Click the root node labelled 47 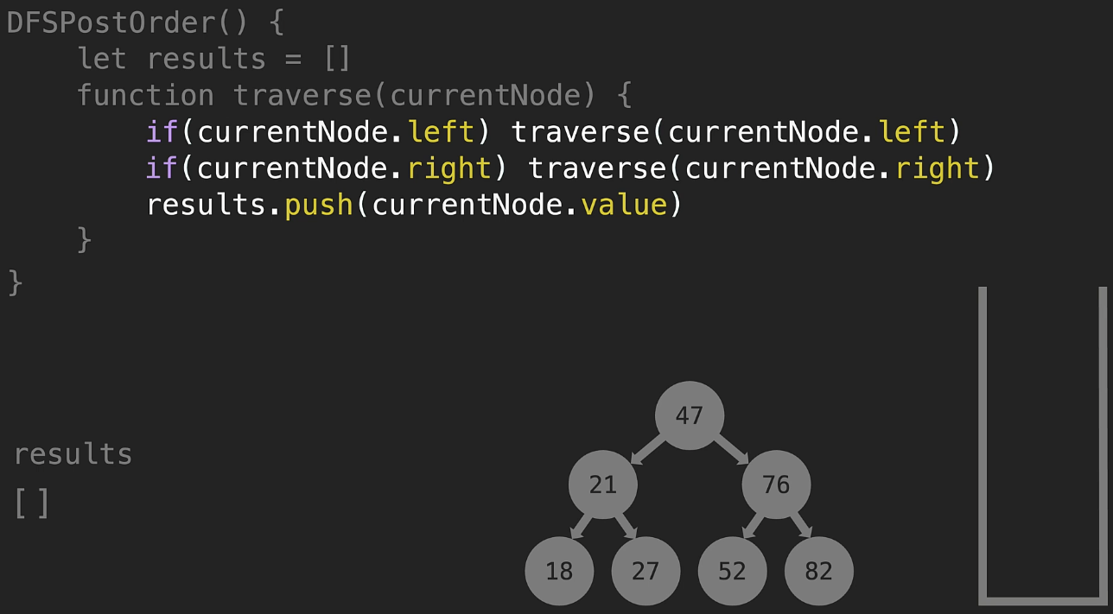(x=689, y=415)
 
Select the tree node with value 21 (x=602, y=485)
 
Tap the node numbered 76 (x=776, y=485)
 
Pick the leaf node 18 (x=559, y=571)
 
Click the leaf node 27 (x=646, y=571)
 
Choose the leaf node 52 (x=732, y=571)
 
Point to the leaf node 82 (x=818, y=571)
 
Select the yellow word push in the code (x=319, y=205)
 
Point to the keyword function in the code (x=145, y=95)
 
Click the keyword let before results (x=102, y=59)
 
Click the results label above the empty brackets (x=73, y=454)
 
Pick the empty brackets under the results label (x=32, y=503)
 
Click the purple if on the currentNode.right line (x=162, y=168)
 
